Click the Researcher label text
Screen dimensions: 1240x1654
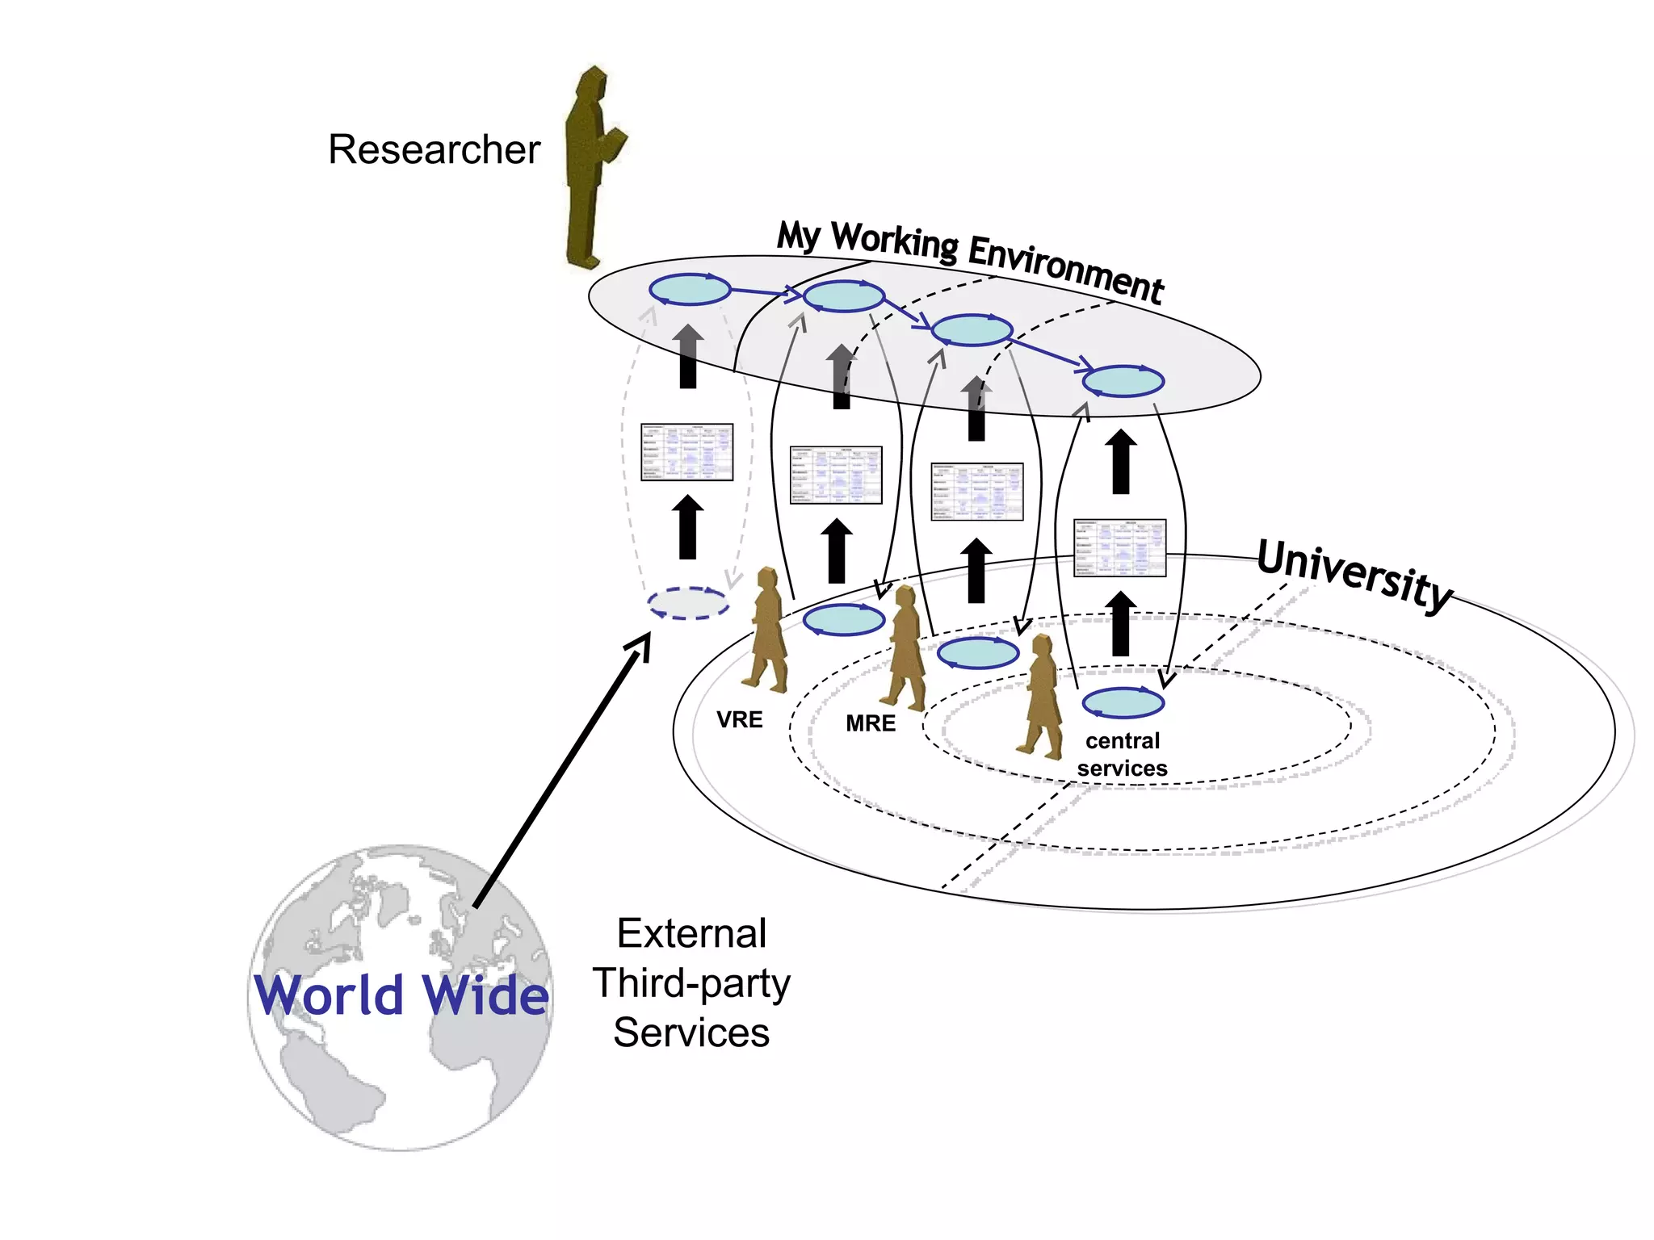(434, 150)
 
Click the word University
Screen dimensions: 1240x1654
(1354, 576)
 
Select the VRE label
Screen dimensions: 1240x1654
(739, 719)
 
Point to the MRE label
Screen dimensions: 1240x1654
(870, 723)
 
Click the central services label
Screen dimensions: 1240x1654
(1122, 754)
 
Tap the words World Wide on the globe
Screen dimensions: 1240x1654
(401, 995)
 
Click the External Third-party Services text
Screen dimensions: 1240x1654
(691, 982)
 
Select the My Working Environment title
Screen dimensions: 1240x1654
(969, 260)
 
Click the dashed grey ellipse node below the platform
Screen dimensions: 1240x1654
(688, 603)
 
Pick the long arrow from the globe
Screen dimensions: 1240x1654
(562, 771)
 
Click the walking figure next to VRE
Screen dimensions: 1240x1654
(766, 630)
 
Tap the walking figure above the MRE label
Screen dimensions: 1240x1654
(905, 647)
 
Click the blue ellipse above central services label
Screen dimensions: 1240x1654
(1123, 702)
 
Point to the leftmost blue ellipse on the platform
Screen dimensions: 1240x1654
(690, 289)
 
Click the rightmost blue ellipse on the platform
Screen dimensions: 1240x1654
(1123, 381)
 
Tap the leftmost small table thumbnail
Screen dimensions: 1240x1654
(686, 452)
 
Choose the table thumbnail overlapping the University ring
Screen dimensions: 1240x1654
(1119, 548)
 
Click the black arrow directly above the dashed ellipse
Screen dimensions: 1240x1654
(688, 527)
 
